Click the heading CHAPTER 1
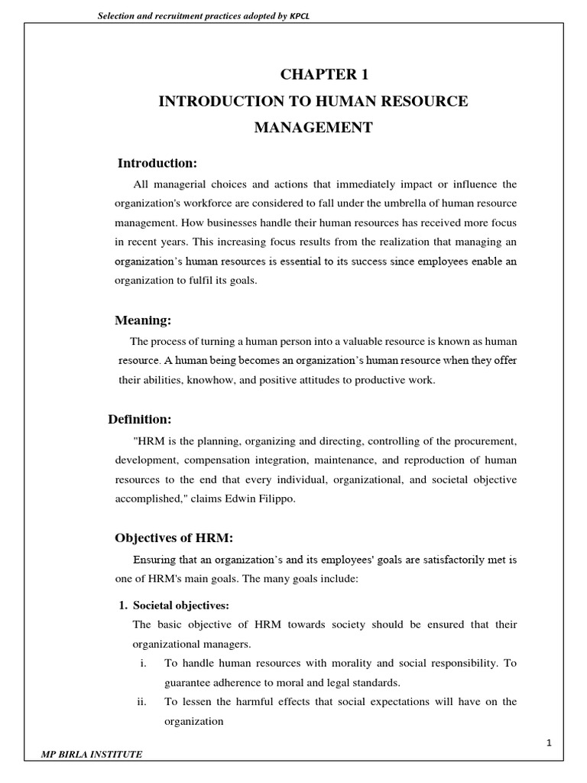pyautogui.click(x=313, y=74)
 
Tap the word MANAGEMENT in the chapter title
pyautogui.click(x=313, y=128)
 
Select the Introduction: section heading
pyautogui.click(x=157, y=163)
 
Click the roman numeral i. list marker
pyautogui.click(x=143, y=663)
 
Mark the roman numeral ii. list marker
pyautogui.click(x=143, y=701)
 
